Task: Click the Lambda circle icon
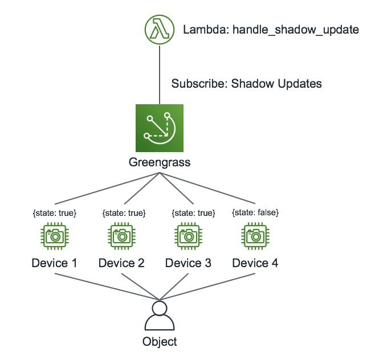pyautogui.click(x=160, y=28)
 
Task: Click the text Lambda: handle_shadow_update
pyautogui.click(x=271, y=30)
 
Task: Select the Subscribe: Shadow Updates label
pyautogui.click(x=246, y=84)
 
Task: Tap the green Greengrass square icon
pyautogui.click(x=160, y=128)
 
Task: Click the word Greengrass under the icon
pyautogui.click(x=160, y=163)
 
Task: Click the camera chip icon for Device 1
pyautogui.click(x=55, y=236)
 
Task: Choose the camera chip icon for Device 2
pyautogui.click(x=121, y=236)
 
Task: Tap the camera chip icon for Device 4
pyautogui.click(x=255, y=236)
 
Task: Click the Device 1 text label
pyautogui.click(x=55, y=263)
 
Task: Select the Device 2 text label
pyautogui.click(x=121, y=263)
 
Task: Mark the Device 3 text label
pyautogui.click(x=189, y=263)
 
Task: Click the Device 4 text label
pyautogui.click(x=255, y=263)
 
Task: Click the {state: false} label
pyautogui.click(x=255, y=212)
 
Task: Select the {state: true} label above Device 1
pyautogui.click(x=55, y=212)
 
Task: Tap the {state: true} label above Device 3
pyautogui.click(x=193, y=212)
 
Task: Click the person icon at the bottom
pyautogui.click(x=160, y=317)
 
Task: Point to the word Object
pyautogui.click(x=160, y=342)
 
